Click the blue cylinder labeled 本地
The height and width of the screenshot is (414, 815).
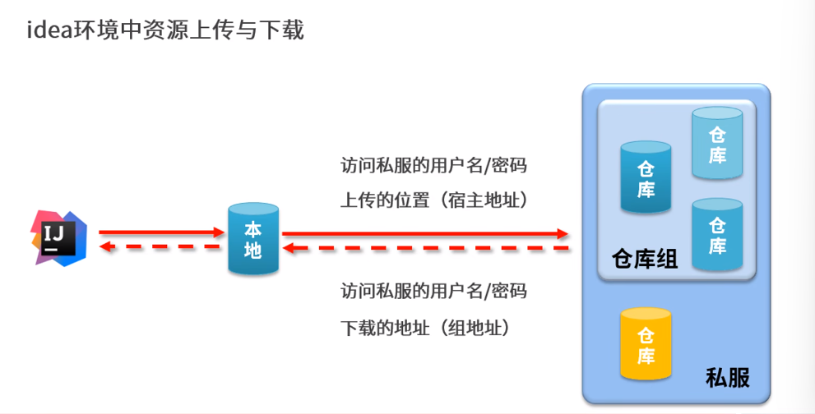click(253, 239)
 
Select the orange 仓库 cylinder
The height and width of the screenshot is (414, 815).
click(646, 344)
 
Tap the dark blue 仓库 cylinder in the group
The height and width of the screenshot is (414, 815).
click(646, 177)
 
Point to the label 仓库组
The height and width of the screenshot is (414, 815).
click(645, 260)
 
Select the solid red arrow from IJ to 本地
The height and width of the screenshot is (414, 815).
click(161, 233)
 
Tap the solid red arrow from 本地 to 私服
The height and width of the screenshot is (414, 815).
click(424, 234)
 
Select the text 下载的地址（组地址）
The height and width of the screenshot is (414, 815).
click(425, 328)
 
